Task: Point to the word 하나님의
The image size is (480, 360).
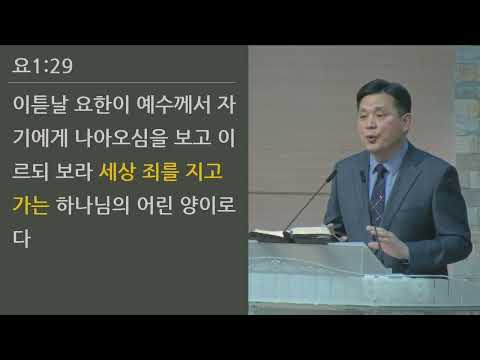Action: click(95, 205)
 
